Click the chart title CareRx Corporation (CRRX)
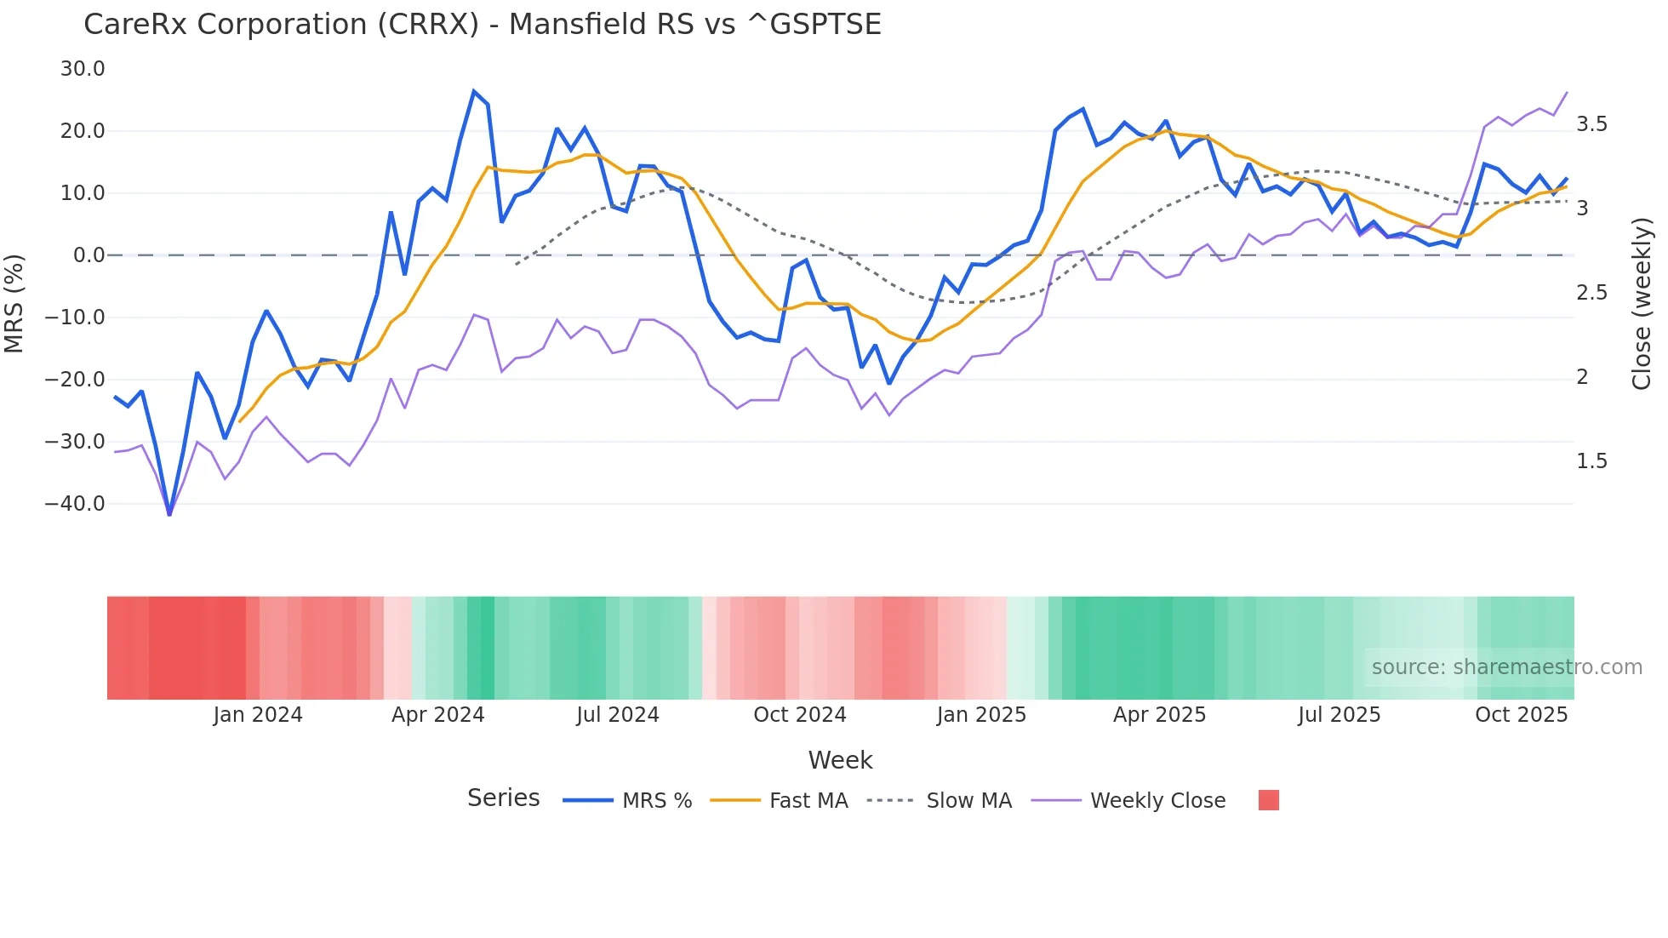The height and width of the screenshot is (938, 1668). (x=482, y=25)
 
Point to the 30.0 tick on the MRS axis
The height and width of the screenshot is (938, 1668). (x=83, y=69)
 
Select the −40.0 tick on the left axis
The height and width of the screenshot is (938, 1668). (x=76, y=504)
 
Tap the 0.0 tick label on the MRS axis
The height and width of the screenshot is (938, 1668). (x=89, y=255)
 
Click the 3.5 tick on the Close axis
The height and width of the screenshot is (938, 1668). (x=1591, y=124)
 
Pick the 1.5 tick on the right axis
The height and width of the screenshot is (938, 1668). (x=1591, y=461)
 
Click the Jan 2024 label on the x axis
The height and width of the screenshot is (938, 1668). (x=257, y=715)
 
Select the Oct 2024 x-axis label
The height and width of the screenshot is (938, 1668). (x=799, y=715)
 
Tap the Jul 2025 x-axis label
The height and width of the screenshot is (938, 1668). (x=1339, y=715)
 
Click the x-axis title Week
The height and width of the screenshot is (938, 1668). (x=840, y=760)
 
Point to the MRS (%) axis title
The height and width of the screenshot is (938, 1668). (x=14, y=303)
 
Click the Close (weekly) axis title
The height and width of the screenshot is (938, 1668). (x=1642, y=303)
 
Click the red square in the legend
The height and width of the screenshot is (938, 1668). (x=1268, y=800)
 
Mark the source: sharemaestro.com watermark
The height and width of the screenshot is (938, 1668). (x=1506, y=667)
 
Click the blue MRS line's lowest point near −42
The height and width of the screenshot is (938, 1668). (x=169, y=514)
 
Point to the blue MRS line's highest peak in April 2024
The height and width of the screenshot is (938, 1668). (x=474, y=91)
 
